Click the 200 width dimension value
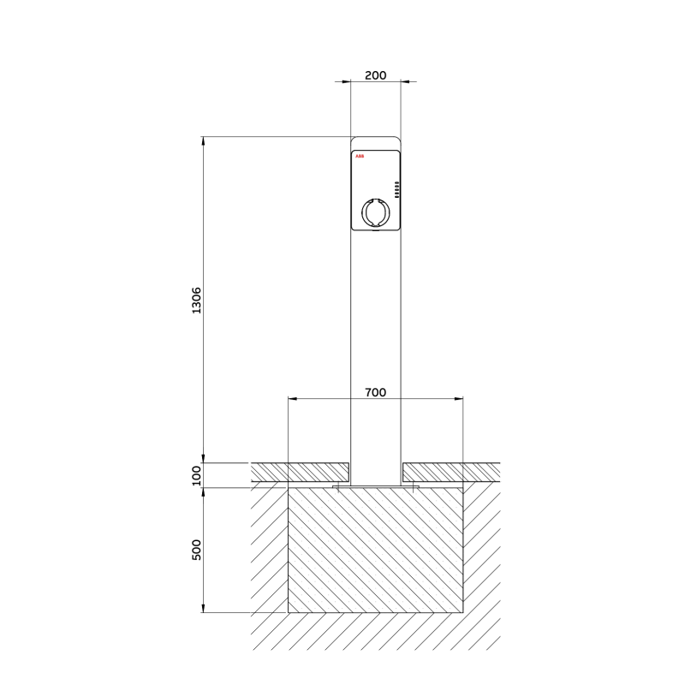[375, 74]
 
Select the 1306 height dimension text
[195, 301]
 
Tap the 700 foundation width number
[375, 392]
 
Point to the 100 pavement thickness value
[195, 475]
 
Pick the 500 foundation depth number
[195, 550]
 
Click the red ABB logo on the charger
[359, 157]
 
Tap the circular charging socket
[375, 211]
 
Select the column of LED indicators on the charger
[396, 189]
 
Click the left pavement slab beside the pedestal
[300, 472]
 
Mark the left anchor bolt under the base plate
[339, 488]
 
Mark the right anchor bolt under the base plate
[414, 488]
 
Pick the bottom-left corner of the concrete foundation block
[288, 613]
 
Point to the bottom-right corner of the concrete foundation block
[463, 613]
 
